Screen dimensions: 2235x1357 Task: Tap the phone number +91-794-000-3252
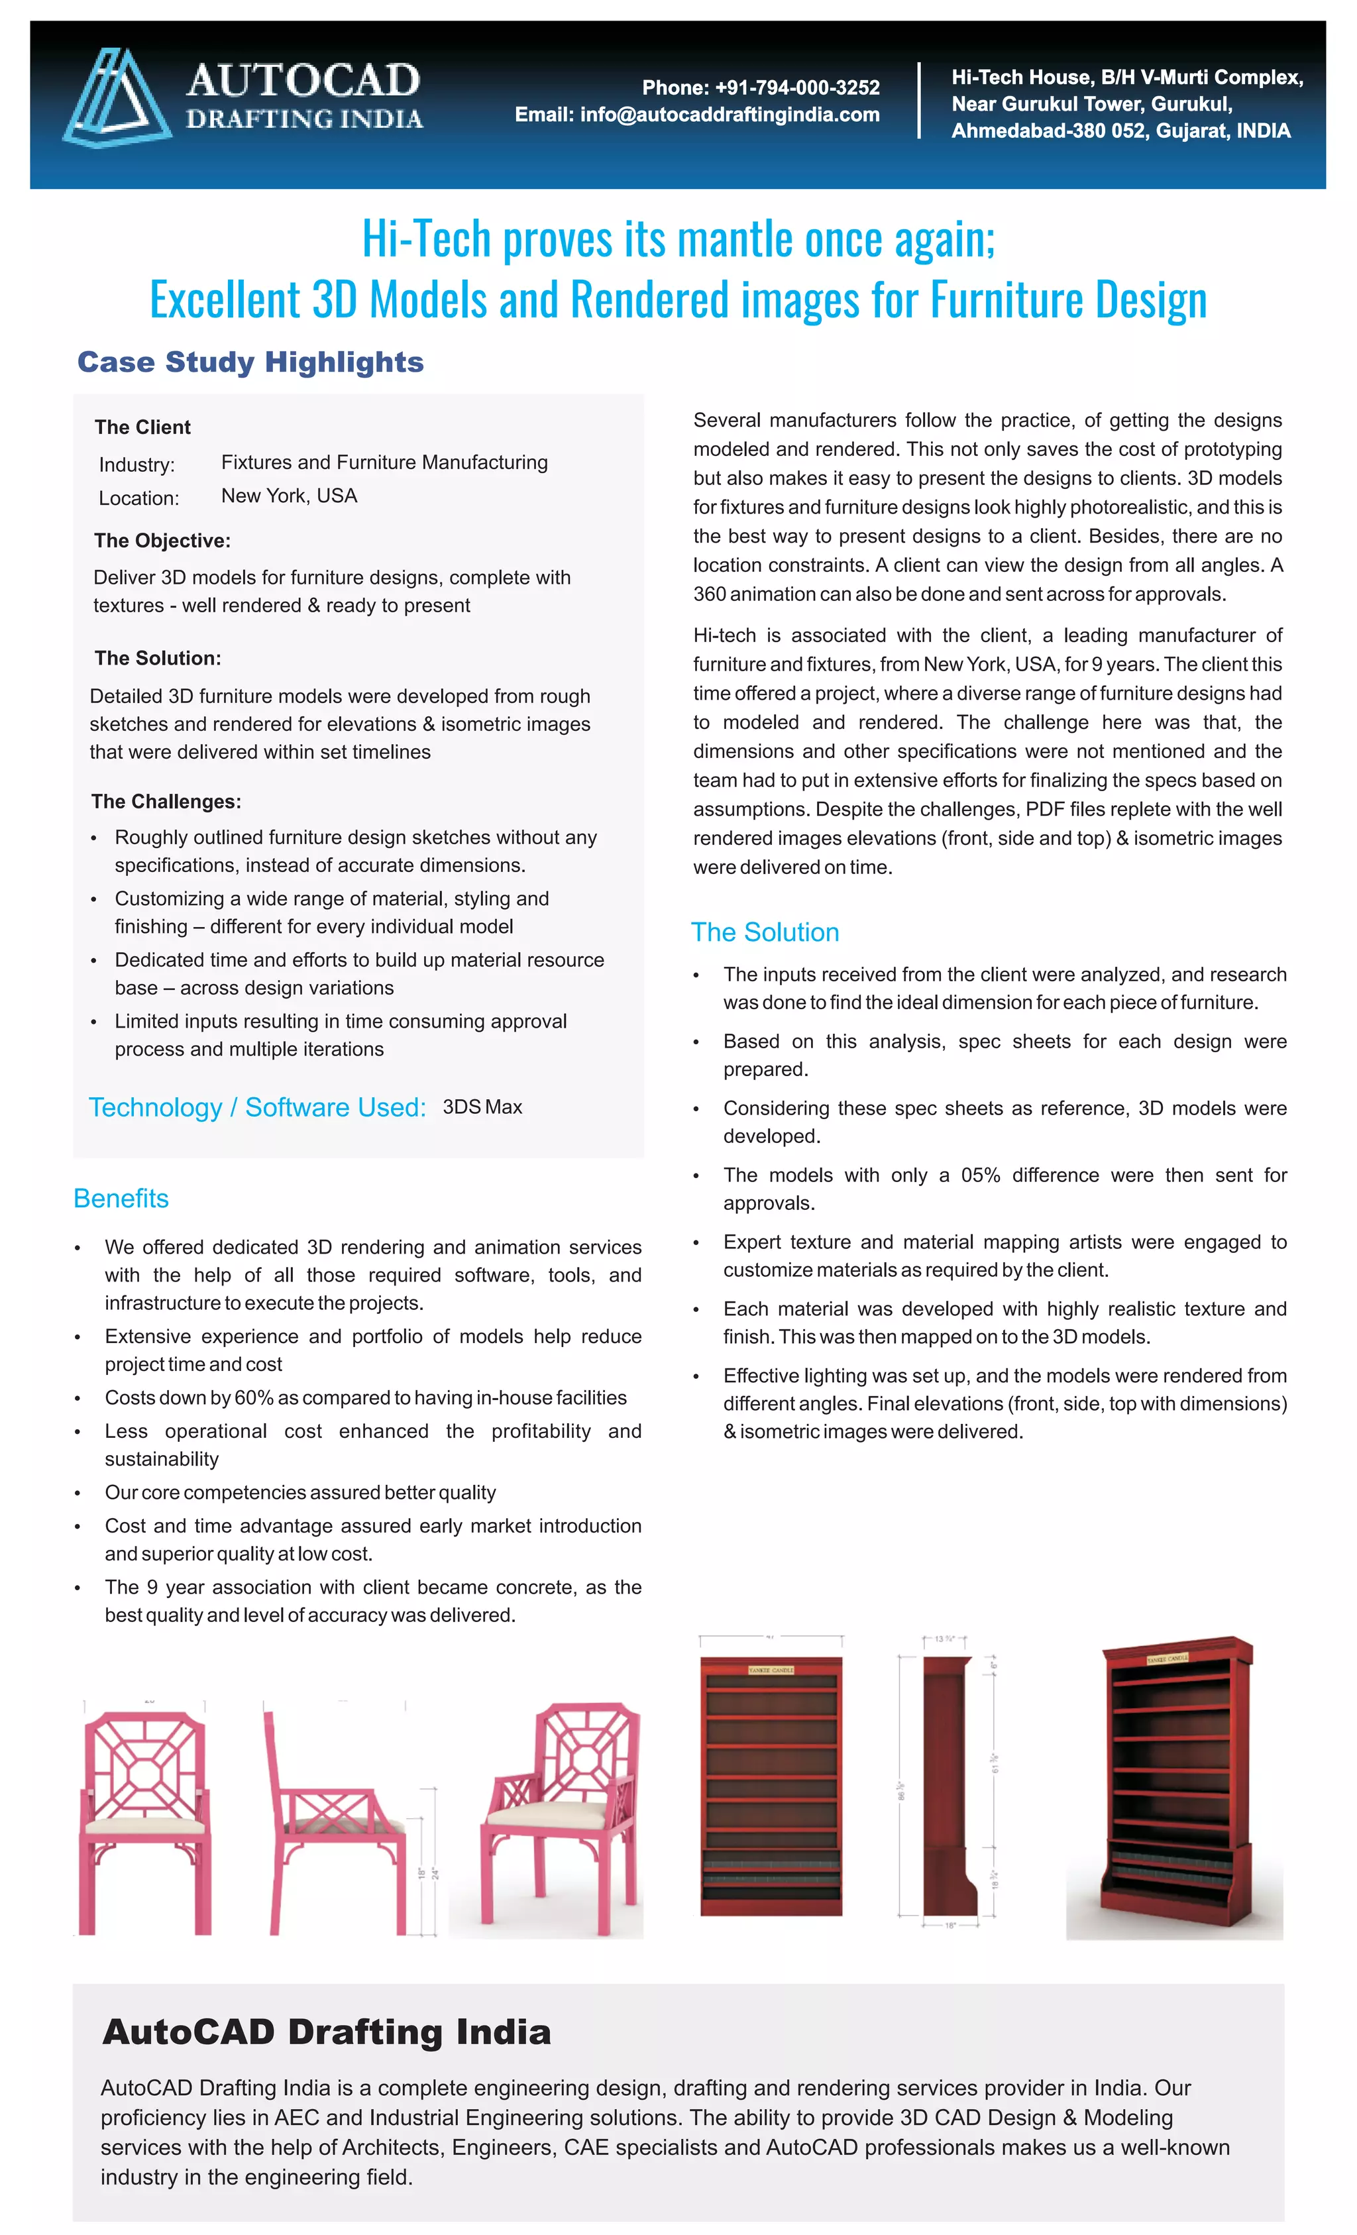(796, 88)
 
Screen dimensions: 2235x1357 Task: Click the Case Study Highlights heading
(250, 362)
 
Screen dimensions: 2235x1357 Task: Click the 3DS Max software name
(482, 1107)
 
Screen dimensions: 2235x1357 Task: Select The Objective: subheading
(162, 541)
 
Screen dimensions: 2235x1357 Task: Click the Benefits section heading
(121, 1198)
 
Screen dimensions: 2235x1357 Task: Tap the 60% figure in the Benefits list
(254, 1397)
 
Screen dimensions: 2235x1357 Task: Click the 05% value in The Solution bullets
(980, 1175)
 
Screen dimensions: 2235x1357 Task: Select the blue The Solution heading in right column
(765, 932)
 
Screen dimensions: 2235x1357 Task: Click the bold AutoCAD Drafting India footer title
(327, 2033)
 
